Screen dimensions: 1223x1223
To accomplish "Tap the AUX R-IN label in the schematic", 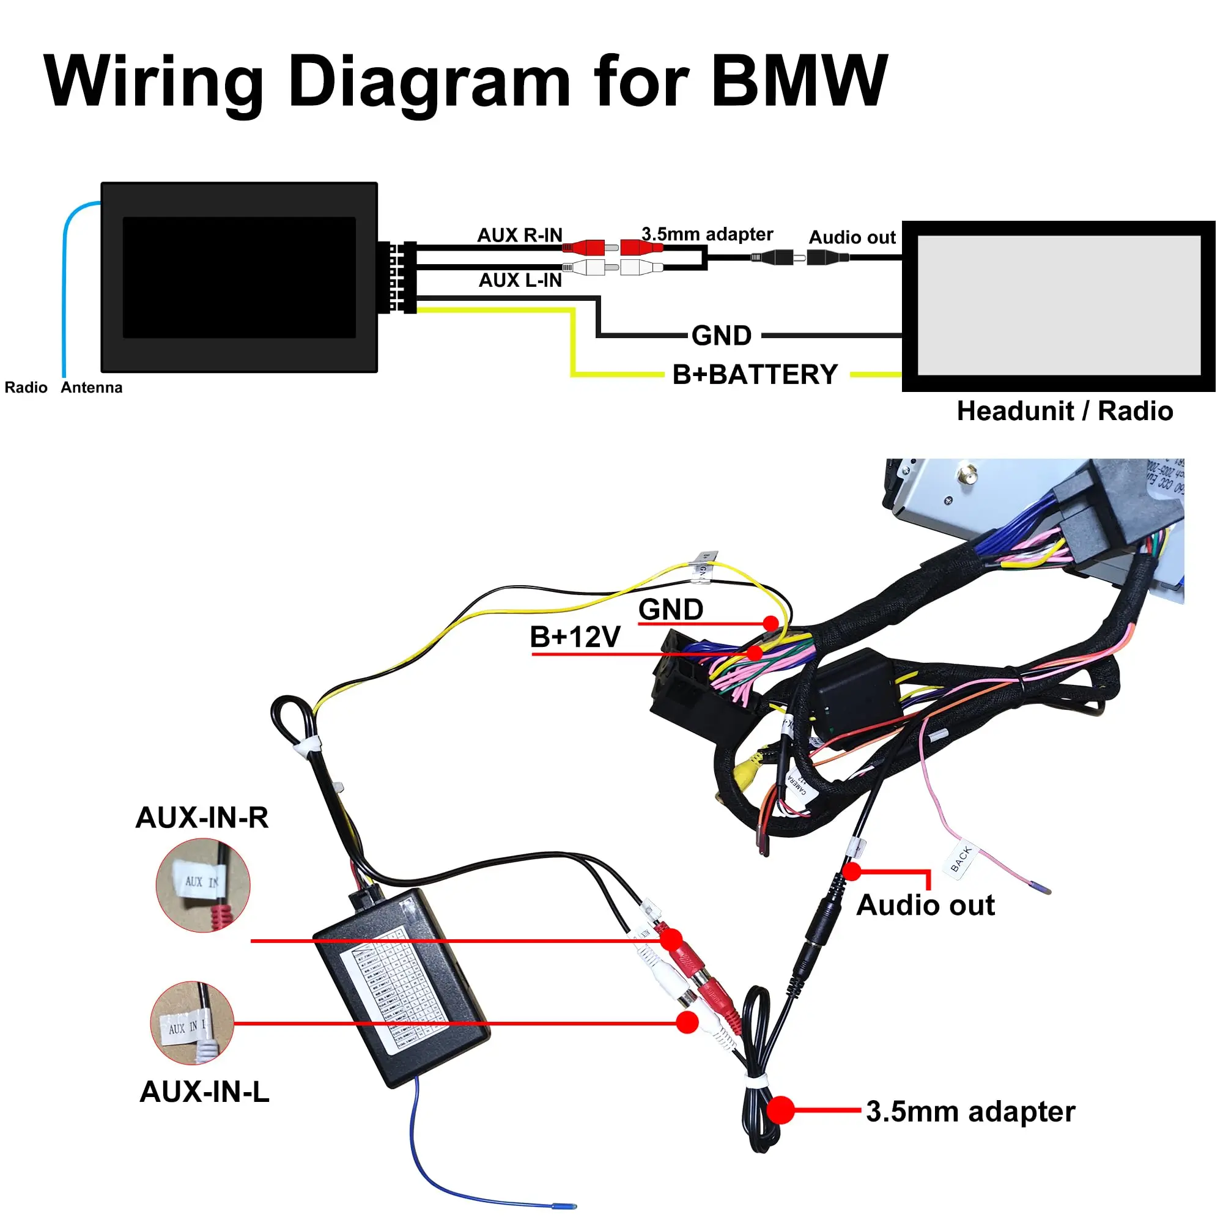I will (520, 235).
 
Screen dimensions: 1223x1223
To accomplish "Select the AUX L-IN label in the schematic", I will (520, 281).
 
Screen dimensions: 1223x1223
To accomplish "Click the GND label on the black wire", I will (721, 336).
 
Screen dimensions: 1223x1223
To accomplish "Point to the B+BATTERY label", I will (755, 375).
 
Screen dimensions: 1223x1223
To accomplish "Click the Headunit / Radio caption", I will (1064, 411).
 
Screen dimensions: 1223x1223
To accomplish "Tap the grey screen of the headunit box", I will (1059, 305).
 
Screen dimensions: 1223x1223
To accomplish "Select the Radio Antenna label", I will (64, 388).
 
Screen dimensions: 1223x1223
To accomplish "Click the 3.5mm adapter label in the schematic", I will (707, 234).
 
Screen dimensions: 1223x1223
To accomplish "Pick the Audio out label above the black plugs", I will (852, 237).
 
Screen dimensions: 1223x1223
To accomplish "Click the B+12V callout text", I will (575, 637).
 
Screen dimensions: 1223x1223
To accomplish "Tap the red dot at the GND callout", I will (770, 624).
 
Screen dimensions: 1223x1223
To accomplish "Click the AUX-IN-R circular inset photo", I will (202, 885).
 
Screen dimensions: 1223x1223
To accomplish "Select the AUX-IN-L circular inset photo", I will (193, 1023).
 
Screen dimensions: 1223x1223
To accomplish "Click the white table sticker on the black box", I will (396, 991).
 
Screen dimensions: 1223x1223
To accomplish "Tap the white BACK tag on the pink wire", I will (961, 859).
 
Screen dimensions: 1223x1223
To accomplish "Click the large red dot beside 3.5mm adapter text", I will (780, 1110).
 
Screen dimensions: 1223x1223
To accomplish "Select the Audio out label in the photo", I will (925, 905).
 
